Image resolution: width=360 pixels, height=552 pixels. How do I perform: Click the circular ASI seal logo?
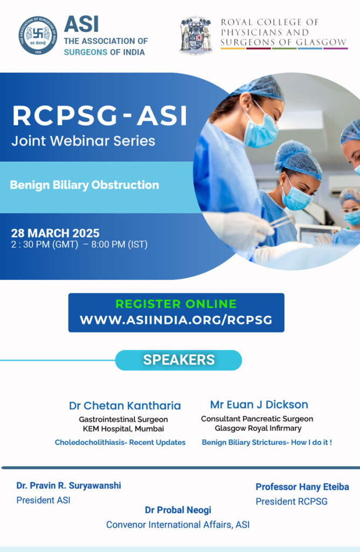click(x=38, y=35)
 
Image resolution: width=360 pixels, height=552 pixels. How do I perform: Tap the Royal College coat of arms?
click(x=196, y=34)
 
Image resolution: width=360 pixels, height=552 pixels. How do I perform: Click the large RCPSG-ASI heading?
click(x=100, y=115)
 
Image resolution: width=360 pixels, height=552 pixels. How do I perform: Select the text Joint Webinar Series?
click(x=83, y=141)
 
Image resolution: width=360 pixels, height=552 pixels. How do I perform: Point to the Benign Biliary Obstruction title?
click(x=85, y=185)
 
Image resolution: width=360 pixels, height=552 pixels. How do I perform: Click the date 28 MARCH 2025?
click(x=56, y=233)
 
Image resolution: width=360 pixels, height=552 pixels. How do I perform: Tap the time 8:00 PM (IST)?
click(x=119, y=244)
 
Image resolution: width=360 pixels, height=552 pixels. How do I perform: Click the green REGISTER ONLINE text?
click(x=176, y=304)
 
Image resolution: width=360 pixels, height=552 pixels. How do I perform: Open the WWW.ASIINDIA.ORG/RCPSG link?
click(x=176, y=320)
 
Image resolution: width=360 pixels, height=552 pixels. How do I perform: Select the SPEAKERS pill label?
click(x=179, y=360)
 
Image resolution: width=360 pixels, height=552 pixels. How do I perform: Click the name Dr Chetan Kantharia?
click(x=125, y=405)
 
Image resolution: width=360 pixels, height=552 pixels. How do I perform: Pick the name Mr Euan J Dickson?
click(x=259, y=404)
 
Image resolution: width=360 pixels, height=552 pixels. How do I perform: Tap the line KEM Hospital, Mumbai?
click(x=123, y=429)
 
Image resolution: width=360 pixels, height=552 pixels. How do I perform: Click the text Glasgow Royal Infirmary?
click(x=258, y=428)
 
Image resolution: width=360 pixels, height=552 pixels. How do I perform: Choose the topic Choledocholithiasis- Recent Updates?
click(x=120, y=442)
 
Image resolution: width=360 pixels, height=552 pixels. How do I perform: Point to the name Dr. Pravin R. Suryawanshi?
click(x=68, y=486)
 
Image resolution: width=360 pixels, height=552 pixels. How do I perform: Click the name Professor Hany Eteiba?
click(x=302, y=487)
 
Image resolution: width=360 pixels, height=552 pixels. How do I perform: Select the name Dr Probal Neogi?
click(x=178, y=510)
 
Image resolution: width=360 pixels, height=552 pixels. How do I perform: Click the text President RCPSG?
click(x=292, y=501)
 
